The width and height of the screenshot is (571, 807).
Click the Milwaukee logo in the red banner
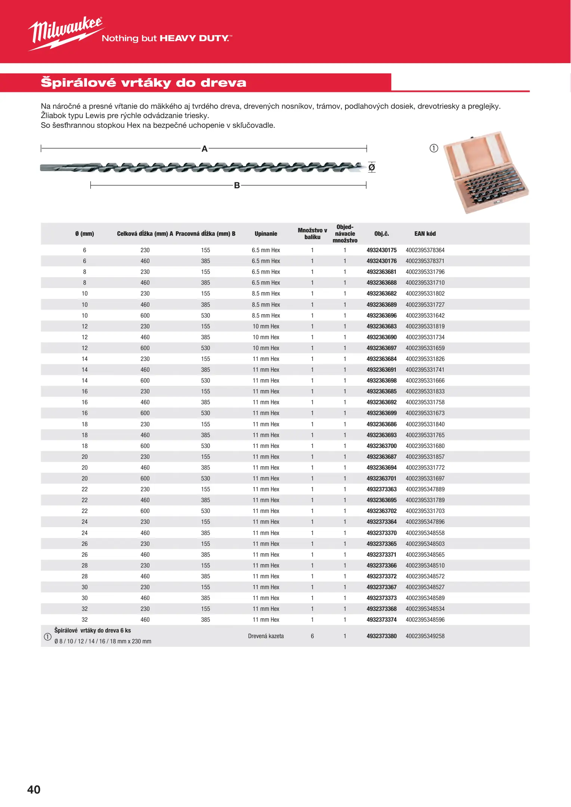click(x=66, y=33)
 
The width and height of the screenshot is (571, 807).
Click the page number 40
click(x=34, y=789)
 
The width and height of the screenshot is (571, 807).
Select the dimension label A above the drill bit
click(x=204, y=149)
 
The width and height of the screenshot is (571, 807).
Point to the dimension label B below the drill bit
click(x=237, y=185)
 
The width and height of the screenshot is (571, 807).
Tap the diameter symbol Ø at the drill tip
click(x=372, y=167)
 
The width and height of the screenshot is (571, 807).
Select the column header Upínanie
click(x=266, y=234)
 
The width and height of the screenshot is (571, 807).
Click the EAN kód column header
click(x=425, y=234)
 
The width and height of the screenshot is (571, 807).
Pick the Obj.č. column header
click(x=381, y=234)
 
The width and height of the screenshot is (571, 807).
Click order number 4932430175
click(x=381, y=250)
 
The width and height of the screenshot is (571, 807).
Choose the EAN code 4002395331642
click(x=425, y=316)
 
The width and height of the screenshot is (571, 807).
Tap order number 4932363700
click(x=381, y=446)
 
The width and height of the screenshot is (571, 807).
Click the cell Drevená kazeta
click(x=266, y=636)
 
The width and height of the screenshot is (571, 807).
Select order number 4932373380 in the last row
click(x=381, y=636)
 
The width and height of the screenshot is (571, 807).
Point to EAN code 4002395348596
click(x=425, y=620)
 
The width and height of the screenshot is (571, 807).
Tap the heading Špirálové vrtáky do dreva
click(x=143, y=83)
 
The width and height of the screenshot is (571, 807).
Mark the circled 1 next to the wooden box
click(x=434, y=148)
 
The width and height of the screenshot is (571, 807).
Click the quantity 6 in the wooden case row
click(x=312, y=636)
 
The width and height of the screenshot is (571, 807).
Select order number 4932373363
click(x=381, y=489)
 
